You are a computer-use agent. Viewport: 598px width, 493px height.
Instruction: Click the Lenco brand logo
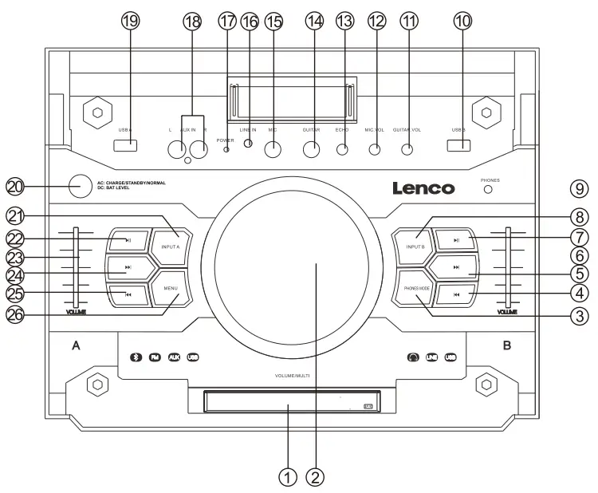[x=423, y=189]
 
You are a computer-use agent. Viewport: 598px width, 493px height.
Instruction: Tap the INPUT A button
[x=171, y=246]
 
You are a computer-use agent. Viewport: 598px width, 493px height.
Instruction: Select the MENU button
[x=171, y=288]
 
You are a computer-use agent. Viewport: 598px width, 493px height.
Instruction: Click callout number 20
[x=15, y=187]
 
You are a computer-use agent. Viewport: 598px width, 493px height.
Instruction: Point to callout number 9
[x=578, y=189]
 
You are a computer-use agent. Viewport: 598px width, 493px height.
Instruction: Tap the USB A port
[x=124, y=145]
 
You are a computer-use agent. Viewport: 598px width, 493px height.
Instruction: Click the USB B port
[x=458, y=145]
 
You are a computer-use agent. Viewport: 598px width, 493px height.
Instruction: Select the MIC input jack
[x=273, y=148]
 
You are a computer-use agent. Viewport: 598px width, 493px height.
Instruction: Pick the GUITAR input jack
[x=311, y=148]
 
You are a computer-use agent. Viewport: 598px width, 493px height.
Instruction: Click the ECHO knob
[x=343, y=148]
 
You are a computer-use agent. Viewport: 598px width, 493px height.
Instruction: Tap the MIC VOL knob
[x=375, y=148]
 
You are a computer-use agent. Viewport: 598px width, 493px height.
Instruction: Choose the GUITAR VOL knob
[x=407, y=148]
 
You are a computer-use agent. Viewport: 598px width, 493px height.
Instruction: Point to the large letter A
[x=77, y=345]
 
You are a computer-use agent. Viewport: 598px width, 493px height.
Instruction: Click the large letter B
[x=507, y=345]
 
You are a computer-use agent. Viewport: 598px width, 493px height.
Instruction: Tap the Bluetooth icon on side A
[x=136, y=357]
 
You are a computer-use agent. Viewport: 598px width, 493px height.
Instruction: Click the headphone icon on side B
[x=412, y=357]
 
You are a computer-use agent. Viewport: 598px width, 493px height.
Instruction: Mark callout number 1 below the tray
[x=288, y=477]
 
